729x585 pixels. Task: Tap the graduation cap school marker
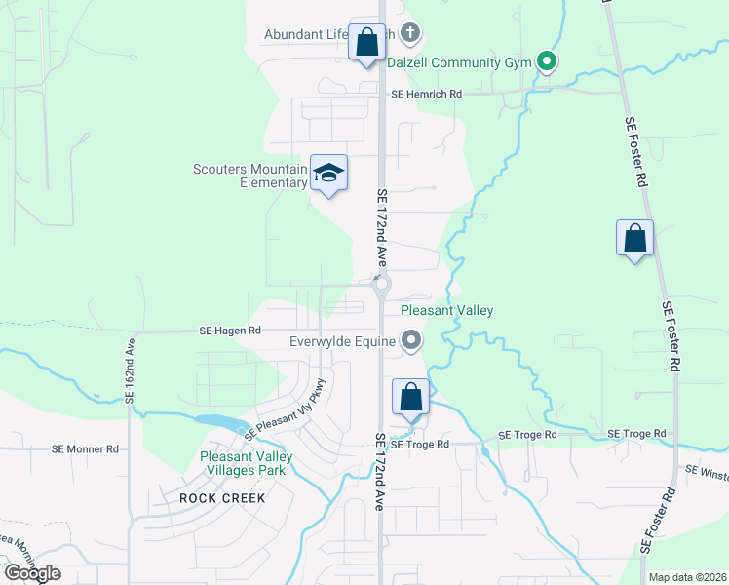pos(329,174)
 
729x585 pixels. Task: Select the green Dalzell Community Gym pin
pos(547,62)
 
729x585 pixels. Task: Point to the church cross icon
pos(410,34)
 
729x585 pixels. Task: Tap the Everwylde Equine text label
pos(342,341)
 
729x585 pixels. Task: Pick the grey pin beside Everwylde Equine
pos(411,340)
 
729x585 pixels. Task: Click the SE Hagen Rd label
pos(231,331)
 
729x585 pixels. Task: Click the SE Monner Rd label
pos(85,449)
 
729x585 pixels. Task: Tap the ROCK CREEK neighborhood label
pos(222,496)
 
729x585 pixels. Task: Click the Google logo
pos(32,572)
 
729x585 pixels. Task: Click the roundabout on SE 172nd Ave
pos(381,285)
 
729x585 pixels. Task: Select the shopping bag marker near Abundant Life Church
pos(366,43)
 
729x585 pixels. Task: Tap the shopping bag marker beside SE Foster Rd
pos(634,238)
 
